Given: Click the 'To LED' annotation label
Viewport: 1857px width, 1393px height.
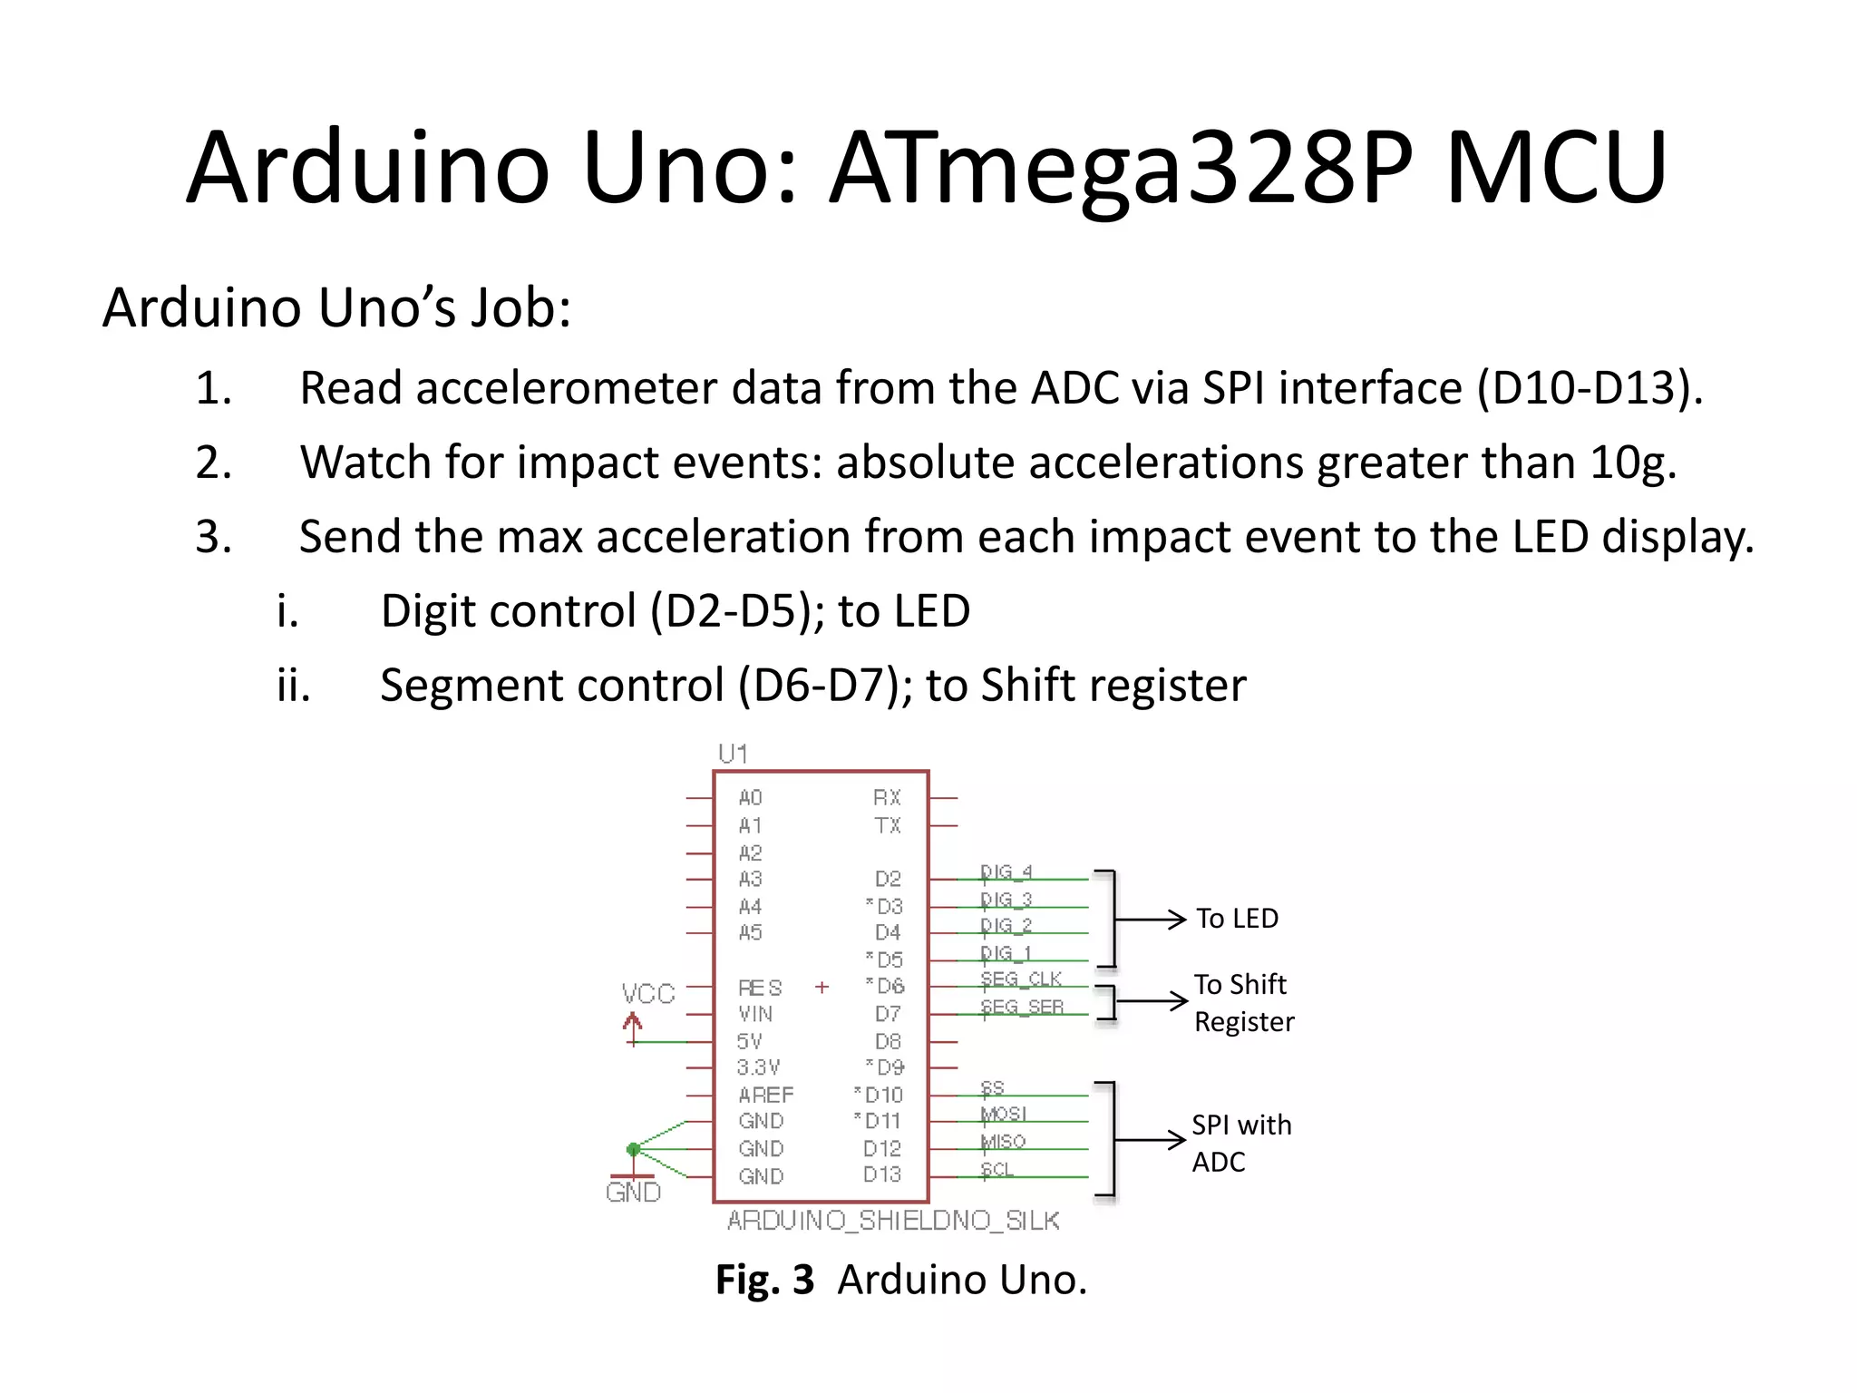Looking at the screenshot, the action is [x=1237, y=919].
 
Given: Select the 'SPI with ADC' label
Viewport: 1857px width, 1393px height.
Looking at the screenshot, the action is [x=1241, y=1143].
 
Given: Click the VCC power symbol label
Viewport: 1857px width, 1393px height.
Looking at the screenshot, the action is [x=648, y=994].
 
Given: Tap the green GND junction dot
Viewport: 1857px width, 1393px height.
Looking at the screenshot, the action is [x=634, y=1149].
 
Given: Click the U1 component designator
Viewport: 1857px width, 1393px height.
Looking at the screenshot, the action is [x=733, y=754].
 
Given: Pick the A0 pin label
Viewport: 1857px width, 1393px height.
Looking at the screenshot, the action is [x=751, y=798].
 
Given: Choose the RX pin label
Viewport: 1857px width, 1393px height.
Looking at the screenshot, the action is [x=887, y=798].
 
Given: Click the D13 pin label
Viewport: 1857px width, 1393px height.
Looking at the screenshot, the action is [x=882, y=1175].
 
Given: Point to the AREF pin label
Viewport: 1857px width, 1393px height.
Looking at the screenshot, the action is [x=765, y=1095].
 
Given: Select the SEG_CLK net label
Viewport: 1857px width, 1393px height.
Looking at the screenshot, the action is [x=1021, y=979].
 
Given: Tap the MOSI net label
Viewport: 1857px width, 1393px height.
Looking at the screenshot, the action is [x=1004, y=1114].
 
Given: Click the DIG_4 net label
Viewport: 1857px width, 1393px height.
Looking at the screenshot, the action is [x=1006, y=872].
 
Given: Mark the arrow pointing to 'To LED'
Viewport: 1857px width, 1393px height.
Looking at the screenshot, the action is [x=1152, y=920].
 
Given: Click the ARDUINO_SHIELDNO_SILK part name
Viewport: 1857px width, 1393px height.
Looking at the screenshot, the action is [x=893, y=1221].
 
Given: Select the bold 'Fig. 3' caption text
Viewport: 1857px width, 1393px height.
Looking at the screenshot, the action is [x=764, y=1280].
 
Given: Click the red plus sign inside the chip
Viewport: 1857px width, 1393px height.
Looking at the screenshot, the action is [x=822, y=987].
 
